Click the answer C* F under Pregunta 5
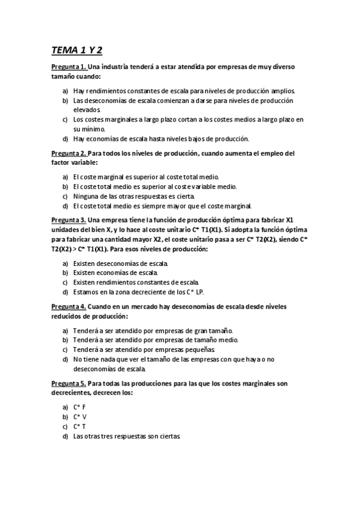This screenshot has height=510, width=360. click(x=80, y=407)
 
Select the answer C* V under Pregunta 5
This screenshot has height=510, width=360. click(x=80, y=417)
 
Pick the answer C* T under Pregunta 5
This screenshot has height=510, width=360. click(x=80, y=426)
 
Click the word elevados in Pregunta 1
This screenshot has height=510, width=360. click(x=87, y=109)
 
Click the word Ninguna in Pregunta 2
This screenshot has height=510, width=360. click(x=85, y=196)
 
